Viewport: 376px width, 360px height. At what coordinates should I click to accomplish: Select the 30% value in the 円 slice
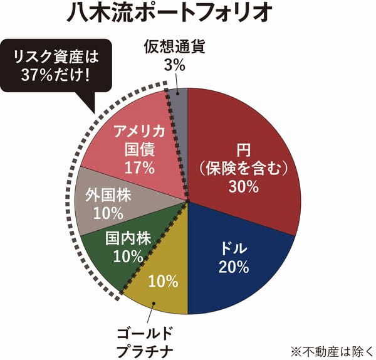[x=243, y=186]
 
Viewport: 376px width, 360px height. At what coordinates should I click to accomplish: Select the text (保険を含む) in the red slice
[x=243, y=168]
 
